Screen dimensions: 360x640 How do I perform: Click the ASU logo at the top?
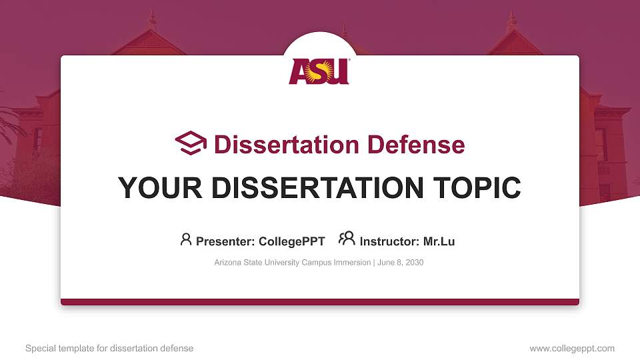click(319, 71)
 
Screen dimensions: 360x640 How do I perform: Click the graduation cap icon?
click(191, 143)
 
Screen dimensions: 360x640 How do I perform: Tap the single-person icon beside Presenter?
click(186, 239)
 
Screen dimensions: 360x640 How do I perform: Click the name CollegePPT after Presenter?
click(292, 241)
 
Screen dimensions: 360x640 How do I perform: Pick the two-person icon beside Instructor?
click(347, 239)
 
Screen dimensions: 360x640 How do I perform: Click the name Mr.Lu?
click(439, 241)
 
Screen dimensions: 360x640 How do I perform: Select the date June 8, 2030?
click(401, 263)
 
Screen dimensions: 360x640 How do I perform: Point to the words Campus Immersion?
click(337, 263)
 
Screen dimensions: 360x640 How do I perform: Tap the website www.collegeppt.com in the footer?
click(571, 348)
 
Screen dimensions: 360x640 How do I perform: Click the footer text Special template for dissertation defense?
click(109, 348)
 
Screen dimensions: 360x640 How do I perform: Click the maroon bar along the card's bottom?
click(320, 302)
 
